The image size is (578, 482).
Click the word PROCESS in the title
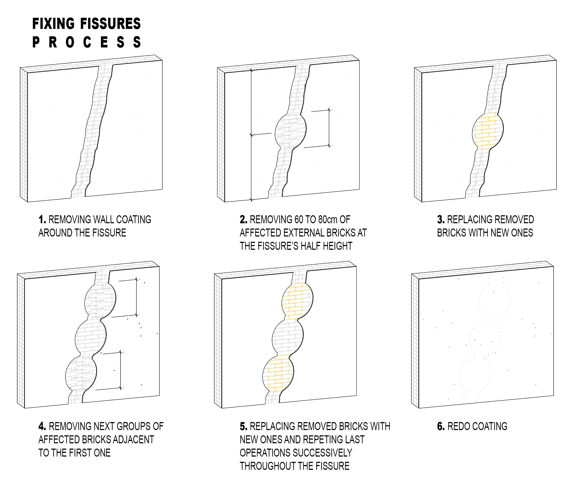click(87, 42)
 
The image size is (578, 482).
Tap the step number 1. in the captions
click(42, 220)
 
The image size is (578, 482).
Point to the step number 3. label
click(441, 220)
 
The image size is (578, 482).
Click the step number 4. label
click(42, 426)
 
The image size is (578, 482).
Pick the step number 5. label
click(244, 426)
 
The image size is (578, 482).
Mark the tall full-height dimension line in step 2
click(251, 135)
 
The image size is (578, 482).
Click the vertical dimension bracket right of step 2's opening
click(329, 128)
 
